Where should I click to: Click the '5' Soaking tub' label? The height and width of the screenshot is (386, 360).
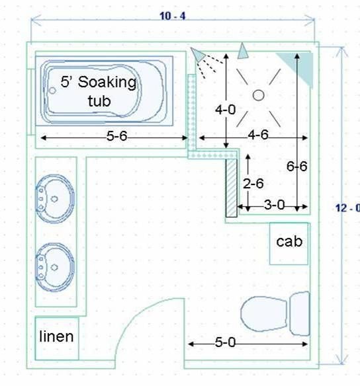point(99,91)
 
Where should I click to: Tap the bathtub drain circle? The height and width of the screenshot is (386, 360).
point(52,91)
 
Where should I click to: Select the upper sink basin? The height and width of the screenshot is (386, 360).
point(55,199)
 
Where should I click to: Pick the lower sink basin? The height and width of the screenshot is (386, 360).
point(55,267)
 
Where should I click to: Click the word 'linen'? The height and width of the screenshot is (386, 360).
point(56,336)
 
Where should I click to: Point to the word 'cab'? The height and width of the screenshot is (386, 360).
point(289,241)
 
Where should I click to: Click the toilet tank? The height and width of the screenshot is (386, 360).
point(300,313)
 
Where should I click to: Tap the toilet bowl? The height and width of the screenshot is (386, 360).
point(264,313)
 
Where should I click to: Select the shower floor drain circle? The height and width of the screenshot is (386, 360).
point(259,95)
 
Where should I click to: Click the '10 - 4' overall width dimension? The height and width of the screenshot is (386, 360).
point(173,17)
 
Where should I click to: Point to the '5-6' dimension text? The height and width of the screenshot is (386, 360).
point(116,136)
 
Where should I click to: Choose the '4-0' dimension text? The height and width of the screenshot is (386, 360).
point(225,110)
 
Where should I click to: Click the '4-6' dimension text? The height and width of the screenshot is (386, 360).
point(258,135)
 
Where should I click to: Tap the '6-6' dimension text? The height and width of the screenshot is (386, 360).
point(296,167)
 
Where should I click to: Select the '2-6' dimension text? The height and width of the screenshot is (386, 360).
point(253,184)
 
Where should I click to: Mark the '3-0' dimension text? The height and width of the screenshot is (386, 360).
point(275,205)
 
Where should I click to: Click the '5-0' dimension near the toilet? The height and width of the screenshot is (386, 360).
point(225,342)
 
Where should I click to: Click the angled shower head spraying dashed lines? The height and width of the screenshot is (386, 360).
point(198,54)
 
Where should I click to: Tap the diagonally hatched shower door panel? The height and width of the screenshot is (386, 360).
point(232,188)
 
